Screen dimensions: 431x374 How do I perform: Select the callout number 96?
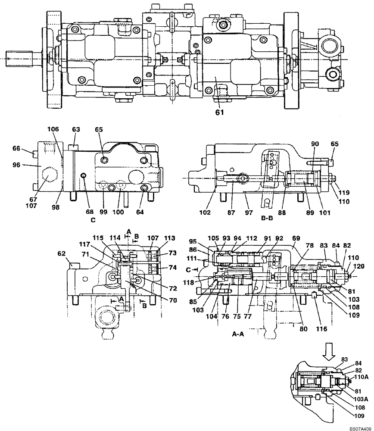tap(28, 164)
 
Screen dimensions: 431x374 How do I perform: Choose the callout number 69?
tap(296, 238)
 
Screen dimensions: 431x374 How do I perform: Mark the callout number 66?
tap(28, 148)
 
